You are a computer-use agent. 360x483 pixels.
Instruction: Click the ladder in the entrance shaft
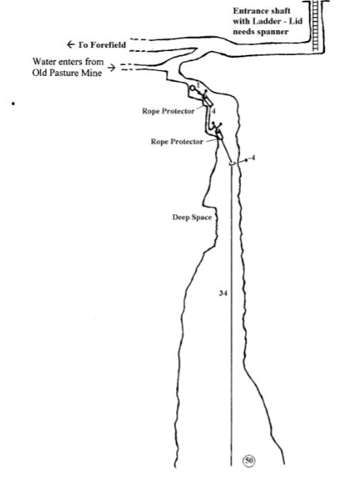click(x=315, y=26)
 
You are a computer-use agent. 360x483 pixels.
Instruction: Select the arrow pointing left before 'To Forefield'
click(x=71, y=45)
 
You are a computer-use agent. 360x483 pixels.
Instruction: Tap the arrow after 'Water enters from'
click(x=111, y=67)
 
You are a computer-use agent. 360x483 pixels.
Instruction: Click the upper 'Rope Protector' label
click(x=168, y=111)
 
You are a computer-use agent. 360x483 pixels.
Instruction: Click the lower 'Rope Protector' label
click(x=177, y=141)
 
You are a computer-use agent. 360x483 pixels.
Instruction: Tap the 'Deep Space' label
click(x=192, y=217)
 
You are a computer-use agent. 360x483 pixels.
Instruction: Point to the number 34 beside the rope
click(x=223, y=293)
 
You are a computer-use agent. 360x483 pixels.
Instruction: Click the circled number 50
click(x=249, y=461)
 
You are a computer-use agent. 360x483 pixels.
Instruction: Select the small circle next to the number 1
click(x=192, y=88)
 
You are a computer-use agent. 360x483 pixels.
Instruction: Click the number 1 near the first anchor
click(x=198, y=85)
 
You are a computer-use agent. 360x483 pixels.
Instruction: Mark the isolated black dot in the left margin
click(x=13, y=104)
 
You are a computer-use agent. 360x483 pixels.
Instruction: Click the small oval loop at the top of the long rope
click(x=233, y=163)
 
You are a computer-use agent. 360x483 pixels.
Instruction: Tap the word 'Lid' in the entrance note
click(x=296, y=22)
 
